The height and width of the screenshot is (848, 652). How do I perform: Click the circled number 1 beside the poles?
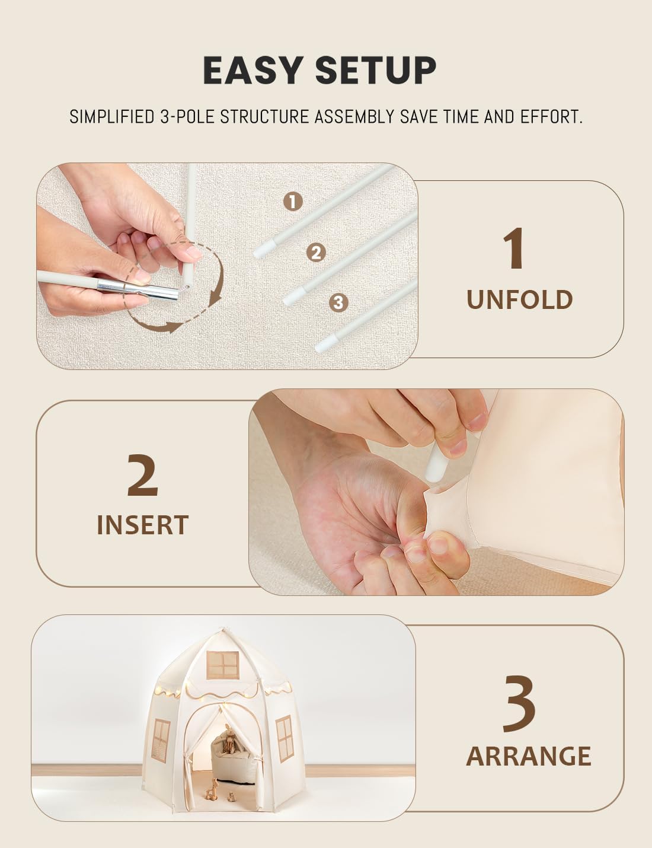click(293, 202)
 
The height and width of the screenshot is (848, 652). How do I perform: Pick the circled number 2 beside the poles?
click(316, 252)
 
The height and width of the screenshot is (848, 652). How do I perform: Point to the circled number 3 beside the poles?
click(338, 302)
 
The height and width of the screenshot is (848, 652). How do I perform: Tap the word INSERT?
click(143, 525)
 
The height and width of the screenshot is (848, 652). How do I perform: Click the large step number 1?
click(513, 248)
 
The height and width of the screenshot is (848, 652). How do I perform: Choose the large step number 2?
click(142, 475)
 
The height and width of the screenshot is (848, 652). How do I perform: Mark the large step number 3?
click(519, 703)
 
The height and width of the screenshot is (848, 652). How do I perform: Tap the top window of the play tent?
click(223, 665)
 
